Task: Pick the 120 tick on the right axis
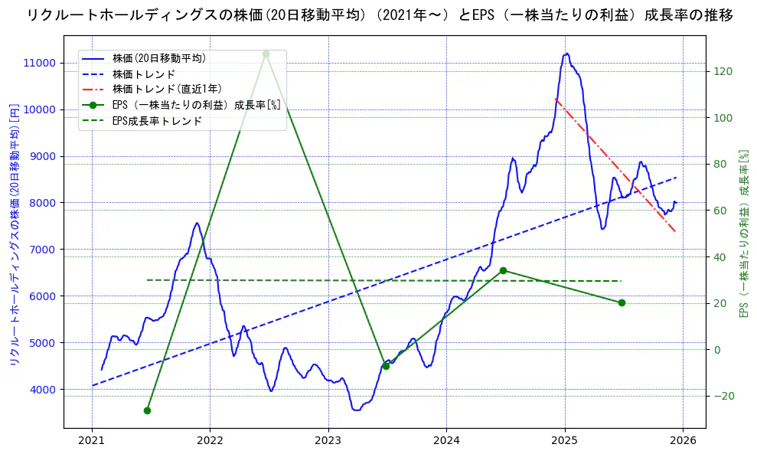(x=724, y=71)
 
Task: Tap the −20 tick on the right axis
(x=724, y=396)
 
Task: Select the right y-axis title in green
(x=742, y=234)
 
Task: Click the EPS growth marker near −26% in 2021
(x=147, y=410)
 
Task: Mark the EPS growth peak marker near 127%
(x=266, y=54)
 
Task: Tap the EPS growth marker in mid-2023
(x=386, y=366)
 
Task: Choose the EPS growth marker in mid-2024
(x=503, y=270)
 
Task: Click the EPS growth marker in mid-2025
(x=622, y=302)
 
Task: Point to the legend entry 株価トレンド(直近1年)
(x=167, y=89)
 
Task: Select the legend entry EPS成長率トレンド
(x=157, y=120)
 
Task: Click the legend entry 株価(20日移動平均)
(x=158, y=58)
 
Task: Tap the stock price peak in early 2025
(x=566, y=54)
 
